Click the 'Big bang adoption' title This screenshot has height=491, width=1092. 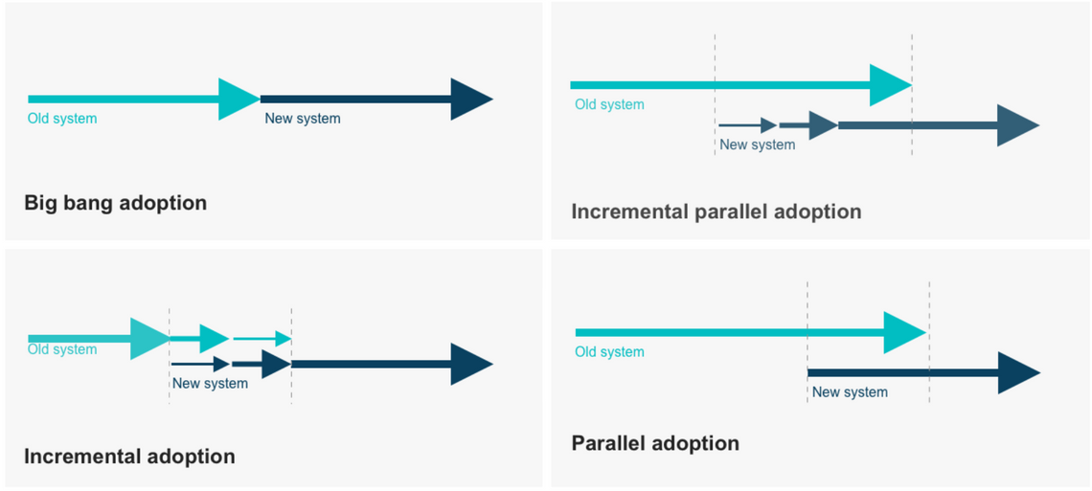(x=115, y=203)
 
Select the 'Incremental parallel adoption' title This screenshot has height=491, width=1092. (x=716, y=212)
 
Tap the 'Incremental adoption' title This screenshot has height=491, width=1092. (x=129, y=457)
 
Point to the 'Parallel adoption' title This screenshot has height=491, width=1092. (x=655, y=444)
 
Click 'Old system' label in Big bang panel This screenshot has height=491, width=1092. (x=62, y=119)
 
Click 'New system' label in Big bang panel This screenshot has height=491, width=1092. (x=303, y=119)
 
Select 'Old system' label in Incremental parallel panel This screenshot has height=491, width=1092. (x=609, y=104)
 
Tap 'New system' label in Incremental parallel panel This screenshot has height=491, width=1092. (x=757, y=145)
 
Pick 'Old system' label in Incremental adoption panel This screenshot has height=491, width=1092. (x=62, y=349)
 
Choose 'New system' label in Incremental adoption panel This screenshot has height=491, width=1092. (x=210, y=383)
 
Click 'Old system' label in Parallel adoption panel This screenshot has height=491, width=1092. (x=609, y=351)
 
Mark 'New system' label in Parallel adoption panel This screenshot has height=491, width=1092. (x=850, y=391)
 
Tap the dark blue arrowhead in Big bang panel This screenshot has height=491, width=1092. (x=469, y=99)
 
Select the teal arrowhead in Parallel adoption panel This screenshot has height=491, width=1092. (x=903, y=332)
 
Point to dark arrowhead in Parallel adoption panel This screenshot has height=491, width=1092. (x=1017, y=372)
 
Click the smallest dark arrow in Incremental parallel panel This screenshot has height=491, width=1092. (x=747, y=125)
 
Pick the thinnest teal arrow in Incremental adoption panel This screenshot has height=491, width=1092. (x=262, y=339)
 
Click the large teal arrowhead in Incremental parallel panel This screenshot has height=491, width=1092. (x=889, y=85)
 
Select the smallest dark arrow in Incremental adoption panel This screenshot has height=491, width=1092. (x=200, y=364)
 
